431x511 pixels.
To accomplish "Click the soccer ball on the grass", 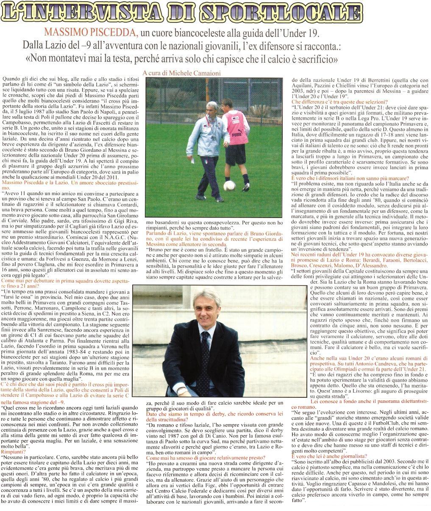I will pos(230,185).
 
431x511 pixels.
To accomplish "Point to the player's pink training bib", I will pos(235,127).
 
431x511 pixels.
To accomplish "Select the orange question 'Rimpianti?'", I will pos(13,452).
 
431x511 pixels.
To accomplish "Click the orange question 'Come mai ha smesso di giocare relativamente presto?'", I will pos(206,458).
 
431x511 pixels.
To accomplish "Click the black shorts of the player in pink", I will pos(236,154).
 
